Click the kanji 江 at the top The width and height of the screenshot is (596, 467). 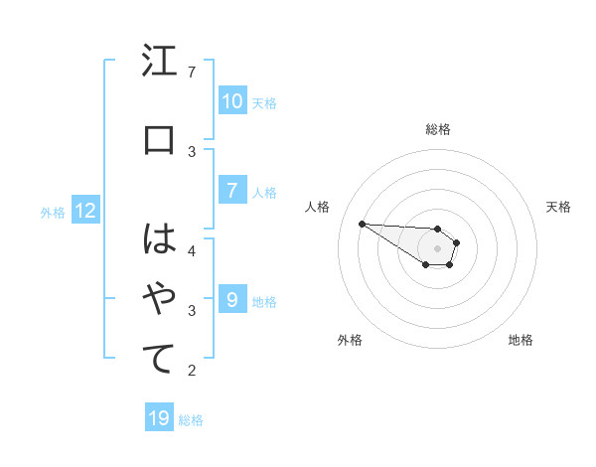coord(159,63)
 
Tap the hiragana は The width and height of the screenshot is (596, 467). coord(159,239)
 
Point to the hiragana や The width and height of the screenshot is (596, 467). coord(159,298)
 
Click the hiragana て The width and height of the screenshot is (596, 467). coord(159,358)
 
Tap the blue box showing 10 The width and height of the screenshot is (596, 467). coord(231,101)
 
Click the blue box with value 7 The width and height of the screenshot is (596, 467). coord(231,191)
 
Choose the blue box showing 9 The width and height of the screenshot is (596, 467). coord(231,300)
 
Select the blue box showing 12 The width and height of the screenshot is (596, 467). coord(85,211)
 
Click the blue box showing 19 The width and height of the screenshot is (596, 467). coord(159,418)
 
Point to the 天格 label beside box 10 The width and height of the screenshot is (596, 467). coord(264,102)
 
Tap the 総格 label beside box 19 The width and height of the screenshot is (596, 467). coord(191,420)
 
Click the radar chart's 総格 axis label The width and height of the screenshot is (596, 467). coord(437,129)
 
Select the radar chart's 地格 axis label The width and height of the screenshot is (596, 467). coord(521,340)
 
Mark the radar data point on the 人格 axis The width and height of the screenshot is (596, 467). coord(362,224)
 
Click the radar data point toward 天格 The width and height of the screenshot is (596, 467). coord(457,242)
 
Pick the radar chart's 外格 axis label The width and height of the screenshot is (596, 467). coord(350,340)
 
